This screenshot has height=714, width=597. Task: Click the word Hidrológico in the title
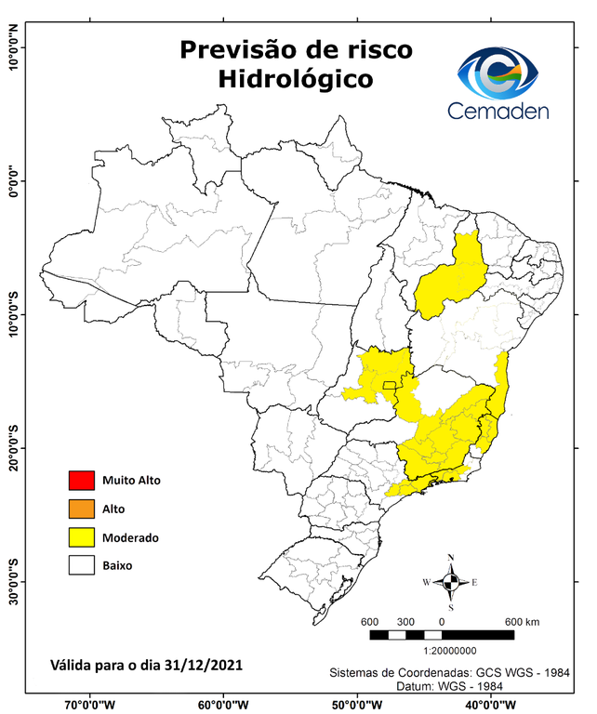pos(296,80)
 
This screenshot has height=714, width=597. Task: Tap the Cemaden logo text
pos(497,111)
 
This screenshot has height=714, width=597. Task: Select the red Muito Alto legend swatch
pos(82,481)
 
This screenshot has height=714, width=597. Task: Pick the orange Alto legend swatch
pos(82,509)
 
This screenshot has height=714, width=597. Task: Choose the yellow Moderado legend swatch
pos(82,536)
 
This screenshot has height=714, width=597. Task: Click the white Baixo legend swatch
pos(82,564)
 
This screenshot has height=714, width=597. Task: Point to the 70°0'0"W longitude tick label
pos(90,705)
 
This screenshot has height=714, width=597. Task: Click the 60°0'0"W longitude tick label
pos(222,705)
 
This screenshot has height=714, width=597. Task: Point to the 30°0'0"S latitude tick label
pos(13,581)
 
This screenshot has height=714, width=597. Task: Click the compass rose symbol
pos(450,582)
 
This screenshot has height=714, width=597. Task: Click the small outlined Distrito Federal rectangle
pos(389,384)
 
